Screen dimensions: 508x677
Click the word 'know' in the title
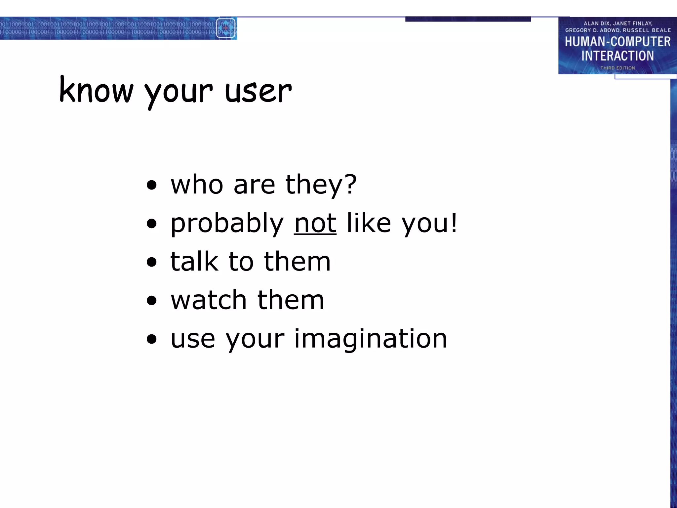(96, 90)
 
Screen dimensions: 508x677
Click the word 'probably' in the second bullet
(227, 224)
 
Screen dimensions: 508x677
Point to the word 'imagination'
(370, 339)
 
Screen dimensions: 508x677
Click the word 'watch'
(209, 300)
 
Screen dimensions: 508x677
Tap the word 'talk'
(194, 261)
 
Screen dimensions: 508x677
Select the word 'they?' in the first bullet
(321, 185)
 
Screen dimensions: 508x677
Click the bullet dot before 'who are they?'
(152, 186)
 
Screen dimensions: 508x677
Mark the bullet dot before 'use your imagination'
(152, 339)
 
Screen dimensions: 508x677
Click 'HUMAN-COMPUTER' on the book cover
(617, 42)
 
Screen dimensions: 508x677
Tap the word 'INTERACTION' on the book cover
(617, 56)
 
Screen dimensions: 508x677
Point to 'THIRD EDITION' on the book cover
(617, 68)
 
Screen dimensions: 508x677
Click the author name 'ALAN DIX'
(597, 23)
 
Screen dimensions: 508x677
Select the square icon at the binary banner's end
(226, 28)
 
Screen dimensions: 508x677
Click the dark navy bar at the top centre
(468, 19)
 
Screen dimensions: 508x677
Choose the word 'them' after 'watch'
(291, 300)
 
